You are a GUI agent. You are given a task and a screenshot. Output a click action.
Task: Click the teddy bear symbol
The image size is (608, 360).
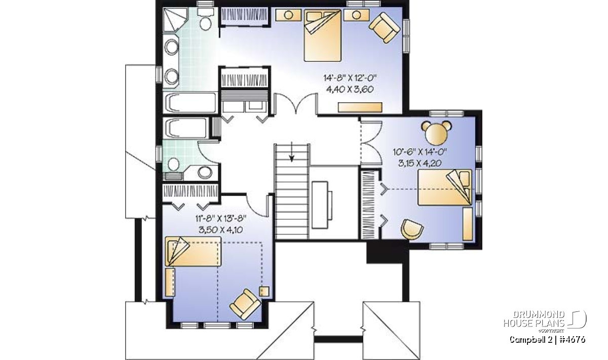[x=436, y=133]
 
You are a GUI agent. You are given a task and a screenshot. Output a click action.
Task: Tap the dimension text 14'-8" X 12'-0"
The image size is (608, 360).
[x=350, y=78]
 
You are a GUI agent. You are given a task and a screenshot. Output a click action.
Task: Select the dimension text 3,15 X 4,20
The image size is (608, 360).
[x=420, y=163]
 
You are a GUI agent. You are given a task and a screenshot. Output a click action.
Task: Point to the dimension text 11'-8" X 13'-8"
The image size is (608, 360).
[x=221, y=218]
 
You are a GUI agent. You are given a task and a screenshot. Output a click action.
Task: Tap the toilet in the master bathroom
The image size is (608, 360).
[x=206, y=19]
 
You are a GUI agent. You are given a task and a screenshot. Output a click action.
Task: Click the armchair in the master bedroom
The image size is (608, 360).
[x=385, y=27]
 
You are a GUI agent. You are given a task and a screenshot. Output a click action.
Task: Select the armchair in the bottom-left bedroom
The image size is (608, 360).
[x=245, y=304]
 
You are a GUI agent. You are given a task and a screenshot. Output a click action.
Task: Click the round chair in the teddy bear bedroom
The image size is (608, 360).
[x=412, y=229]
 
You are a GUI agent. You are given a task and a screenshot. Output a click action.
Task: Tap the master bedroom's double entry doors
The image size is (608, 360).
[x=296, y=104]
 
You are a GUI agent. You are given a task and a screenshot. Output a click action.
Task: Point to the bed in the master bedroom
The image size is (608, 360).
[x=322, y=35]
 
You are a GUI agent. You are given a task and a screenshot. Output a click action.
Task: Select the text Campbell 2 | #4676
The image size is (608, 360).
[x=547, y=340]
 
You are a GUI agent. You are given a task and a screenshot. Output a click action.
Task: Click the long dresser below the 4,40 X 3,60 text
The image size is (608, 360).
[x=360, y=107]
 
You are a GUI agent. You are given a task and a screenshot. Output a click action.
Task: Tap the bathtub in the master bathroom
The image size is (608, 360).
[x=191, y=103]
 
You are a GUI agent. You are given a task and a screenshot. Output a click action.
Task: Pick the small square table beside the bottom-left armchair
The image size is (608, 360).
[x=264, y=291]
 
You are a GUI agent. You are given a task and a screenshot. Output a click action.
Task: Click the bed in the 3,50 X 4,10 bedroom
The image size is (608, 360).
[x=193, y=251]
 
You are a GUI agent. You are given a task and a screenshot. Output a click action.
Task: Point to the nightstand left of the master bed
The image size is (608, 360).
[x=288, y=15]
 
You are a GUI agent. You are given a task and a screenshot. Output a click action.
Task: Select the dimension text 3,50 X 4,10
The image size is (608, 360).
[x=221, y=230]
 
